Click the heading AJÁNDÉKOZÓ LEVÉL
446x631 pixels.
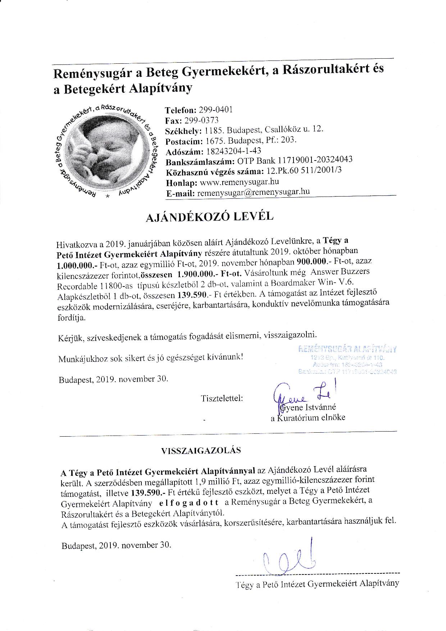[209, 217]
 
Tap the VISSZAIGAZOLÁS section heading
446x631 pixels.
[201, 450]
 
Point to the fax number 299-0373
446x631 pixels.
[201, 120]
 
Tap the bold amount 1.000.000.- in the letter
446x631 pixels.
[75, 266]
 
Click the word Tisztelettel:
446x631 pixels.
[222, 398]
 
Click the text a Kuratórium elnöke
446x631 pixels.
[308, 418]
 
